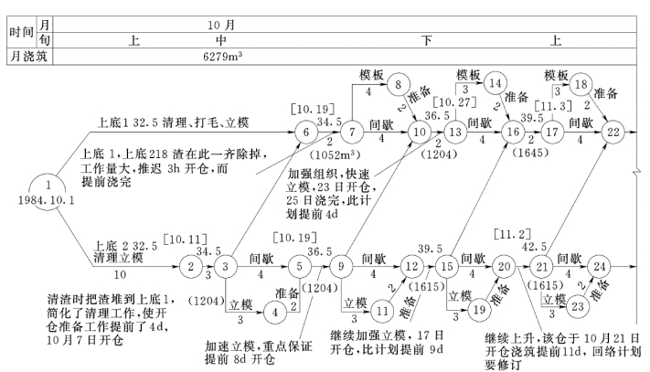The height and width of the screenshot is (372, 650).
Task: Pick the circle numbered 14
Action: [x=495, y=82]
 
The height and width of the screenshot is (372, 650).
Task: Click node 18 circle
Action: [x=581, y=84]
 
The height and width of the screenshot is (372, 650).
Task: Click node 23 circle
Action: [x=579, y=308]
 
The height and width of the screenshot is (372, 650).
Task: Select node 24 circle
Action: [x=599, y=268]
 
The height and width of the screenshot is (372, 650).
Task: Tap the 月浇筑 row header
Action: [x=27, y=56]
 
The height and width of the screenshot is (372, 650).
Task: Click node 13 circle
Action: [x=455, y=133]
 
